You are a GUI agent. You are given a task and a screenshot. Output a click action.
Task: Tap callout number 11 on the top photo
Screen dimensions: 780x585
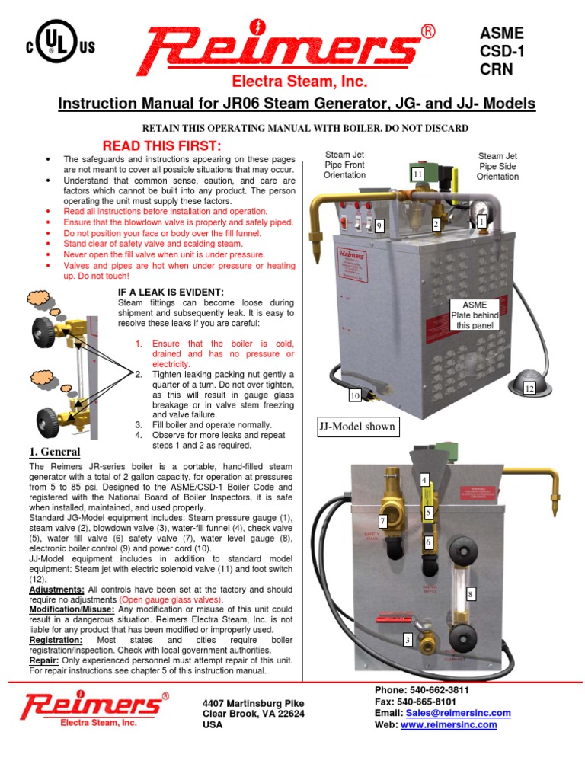click(x=417, y=174)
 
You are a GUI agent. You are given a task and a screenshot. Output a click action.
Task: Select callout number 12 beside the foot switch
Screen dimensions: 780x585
click(x=529, y=388)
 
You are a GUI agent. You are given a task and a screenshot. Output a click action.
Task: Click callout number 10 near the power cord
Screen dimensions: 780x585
click(x=355, y=395)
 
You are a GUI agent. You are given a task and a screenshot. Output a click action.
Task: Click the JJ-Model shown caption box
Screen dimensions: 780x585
click(x=358, y=426)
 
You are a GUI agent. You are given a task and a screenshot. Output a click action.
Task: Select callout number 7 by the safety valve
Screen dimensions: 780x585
click(x=383, y=521)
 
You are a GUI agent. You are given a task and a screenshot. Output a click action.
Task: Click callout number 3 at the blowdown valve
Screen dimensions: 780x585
click(x=408, y=640)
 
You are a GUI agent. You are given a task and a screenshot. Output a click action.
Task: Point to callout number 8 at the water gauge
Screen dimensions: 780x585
click(x=470, y=593)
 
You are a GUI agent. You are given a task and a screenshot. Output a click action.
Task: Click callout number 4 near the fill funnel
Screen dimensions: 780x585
click(x=424, y=479)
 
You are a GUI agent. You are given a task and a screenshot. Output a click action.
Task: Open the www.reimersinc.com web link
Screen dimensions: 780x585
click(x=449, y=725)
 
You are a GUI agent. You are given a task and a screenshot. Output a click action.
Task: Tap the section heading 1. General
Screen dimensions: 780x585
click(x=55, y=452)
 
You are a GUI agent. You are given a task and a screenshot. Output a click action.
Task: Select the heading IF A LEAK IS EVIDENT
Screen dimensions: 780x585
click(x=171, y=292)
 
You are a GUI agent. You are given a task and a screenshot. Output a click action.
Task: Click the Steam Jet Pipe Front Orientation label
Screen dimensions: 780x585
click(x=345, y=165)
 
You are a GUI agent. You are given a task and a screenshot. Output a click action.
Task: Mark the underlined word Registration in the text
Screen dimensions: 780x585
click(x=56, y=641)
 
